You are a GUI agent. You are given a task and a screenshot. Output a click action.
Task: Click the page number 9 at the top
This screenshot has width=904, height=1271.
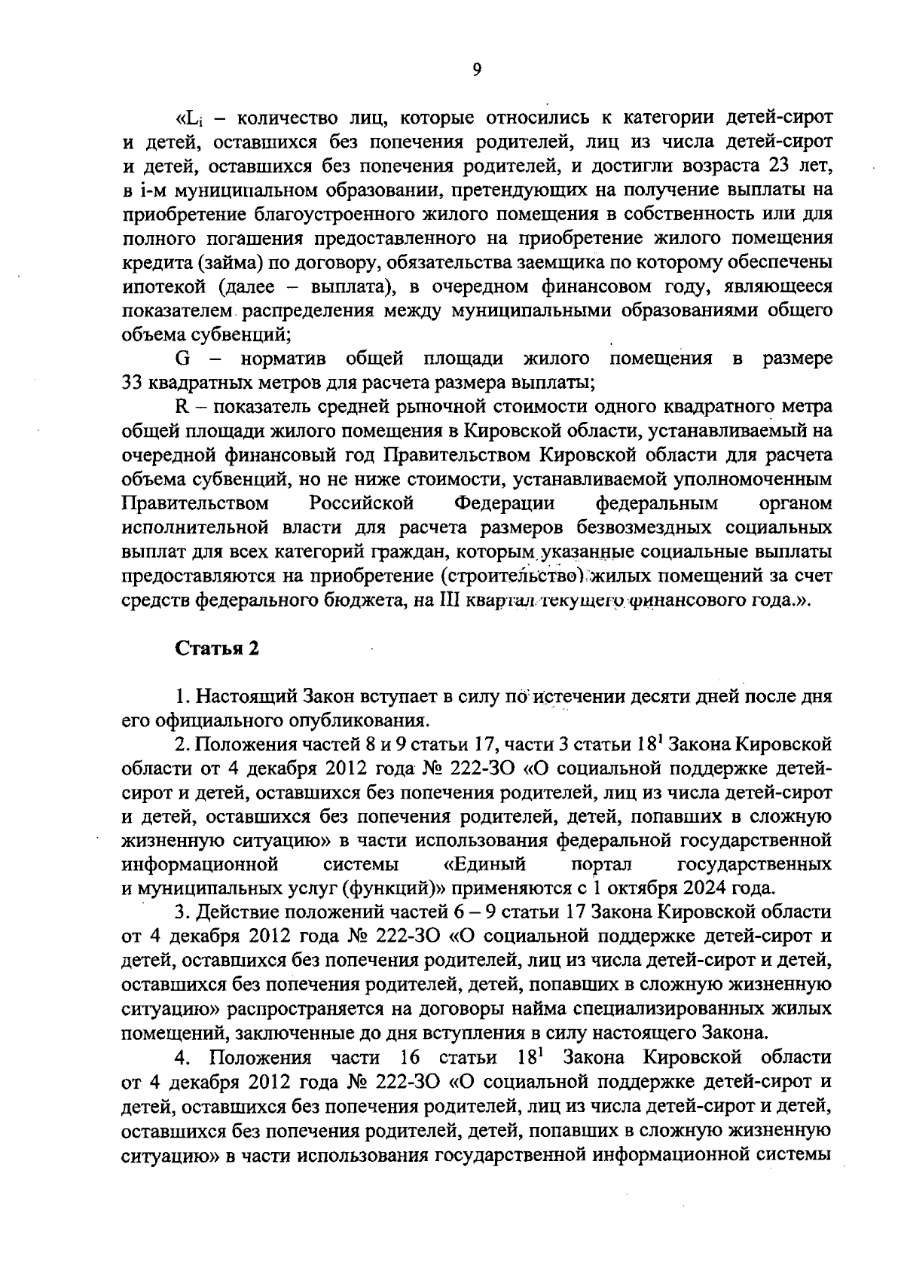point(476,69)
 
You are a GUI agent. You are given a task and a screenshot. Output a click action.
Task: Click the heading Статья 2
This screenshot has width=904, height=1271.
point(217,649)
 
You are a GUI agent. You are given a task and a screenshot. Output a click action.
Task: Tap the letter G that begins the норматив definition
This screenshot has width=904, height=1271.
point(182,359)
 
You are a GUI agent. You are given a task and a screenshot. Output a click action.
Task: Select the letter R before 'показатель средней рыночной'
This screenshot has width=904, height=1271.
point(181,407)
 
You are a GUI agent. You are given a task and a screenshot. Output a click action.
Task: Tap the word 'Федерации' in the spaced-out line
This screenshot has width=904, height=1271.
point(505,503)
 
